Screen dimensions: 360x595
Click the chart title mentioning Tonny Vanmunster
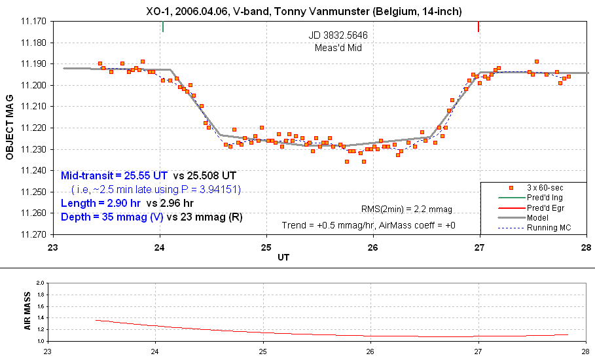(304, 10)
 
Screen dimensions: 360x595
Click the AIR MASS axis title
(27, 313)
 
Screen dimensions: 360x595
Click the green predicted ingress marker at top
(162, 27)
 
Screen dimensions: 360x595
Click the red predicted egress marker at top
(478, 27)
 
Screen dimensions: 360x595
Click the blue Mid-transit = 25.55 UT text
(115, 175)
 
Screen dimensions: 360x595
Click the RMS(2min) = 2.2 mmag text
(406, 209)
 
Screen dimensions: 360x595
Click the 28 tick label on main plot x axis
(585, 248)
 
